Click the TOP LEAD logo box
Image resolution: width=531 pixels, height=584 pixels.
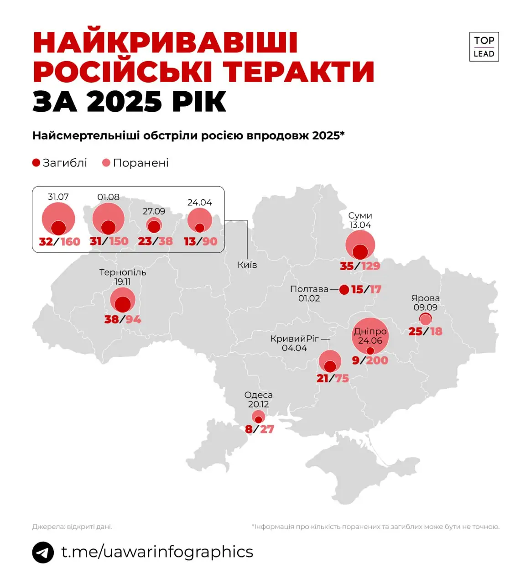pos(484,47)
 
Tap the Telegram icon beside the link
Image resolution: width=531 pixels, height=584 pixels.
pos(43,553)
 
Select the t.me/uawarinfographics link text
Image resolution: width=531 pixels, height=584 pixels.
pos(157,552)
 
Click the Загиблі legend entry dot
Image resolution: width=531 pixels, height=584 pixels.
pos(36,163)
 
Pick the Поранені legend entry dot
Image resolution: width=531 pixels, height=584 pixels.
pos(106,163)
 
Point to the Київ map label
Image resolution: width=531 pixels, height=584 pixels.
pos(247,265)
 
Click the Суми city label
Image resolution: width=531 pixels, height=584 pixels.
pos(360,215)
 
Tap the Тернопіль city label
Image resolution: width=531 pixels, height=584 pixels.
pos(123,272)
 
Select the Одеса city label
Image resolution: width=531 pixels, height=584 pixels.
pos(258,395)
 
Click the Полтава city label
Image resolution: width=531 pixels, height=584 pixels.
pos(309,289)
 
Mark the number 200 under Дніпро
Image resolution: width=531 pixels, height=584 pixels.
pos(377,360)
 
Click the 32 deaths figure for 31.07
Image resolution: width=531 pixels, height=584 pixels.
pos(46,241)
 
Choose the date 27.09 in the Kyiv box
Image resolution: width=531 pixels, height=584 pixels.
pos(154,211)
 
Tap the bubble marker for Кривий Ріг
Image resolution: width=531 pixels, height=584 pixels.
pos(330,361)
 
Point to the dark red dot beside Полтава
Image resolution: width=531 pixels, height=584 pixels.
pos(344,289)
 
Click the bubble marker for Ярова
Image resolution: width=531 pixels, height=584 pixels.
pos(426,318)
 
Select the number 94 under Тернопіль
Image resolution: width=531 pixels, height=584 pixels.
pos(133,319)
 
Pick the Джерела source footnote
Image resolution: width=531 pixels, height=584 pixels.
pos(72,527)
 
